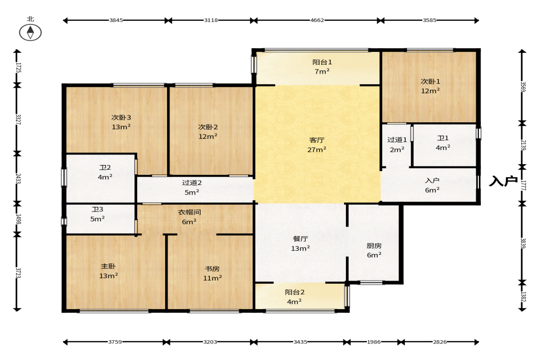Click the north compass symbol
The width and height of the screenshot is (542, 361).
point(30,33)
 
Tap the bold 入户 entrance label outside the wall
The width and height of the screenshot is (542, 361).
point(503,181)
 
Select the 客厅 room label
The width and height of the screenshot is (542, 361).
point(317,140)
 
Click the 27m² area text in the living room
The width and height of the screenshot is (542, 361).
point(317,149)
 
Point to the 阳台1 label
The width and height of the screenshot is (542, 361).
point(322,62)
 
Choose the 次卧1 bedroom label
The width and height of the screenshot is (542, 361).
point(431,81)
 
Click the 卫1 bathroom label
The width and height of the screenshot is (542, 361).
point(443,138)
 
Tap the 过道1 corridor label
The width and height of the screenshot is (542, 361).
point(397,140)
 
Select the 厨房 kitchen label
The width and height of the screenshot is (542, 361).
point(374,246)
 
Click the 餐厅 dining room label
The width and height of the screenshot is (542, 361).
point(300,239)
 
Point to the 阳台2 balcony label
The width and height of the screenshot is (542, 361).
point(295,292)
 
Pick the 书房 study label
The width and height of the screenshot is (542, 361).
point(212,269)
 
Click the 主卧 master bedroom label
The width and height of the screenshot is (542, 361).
point(108,266)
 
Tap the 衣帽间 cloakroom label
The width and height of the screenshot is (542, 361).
point(189,212)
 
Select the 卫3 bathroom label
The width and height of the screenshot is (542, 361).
point(98,210)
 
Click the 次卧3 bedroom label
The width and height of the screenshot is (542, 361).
point(121,118)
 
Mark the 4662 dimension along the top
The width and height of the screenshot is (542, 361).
point(317,20)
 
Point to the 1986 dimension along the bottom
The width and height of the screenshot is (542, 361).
point(373,342)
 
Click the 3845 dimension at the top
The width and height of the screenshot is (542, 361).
point(116,20)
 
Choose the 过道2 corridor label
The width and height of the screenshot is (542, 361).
point(192,183)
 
